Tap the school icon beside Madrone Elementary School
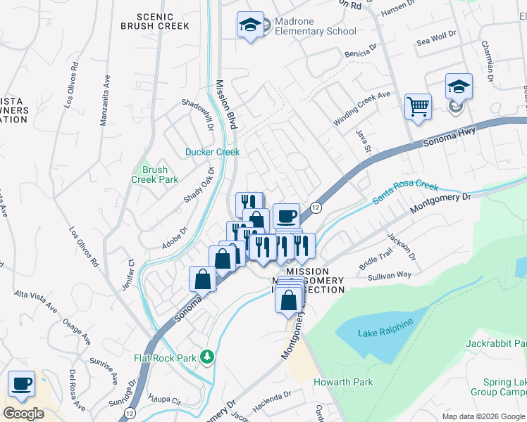pos(250,25)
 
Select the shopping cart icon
pos(418,108)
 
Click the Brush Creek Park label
pos(155,174)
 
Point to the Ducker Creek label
pos(212,152)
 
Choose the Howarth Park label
pos(343,382)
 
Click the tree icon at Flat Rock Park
pos(206,357)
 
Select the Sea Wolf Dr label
pos(437,39)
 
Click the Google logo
pos(24,414)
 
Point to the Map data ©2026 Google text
pos(483,416)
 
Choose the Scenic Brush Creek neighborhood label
pos(155,21)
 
